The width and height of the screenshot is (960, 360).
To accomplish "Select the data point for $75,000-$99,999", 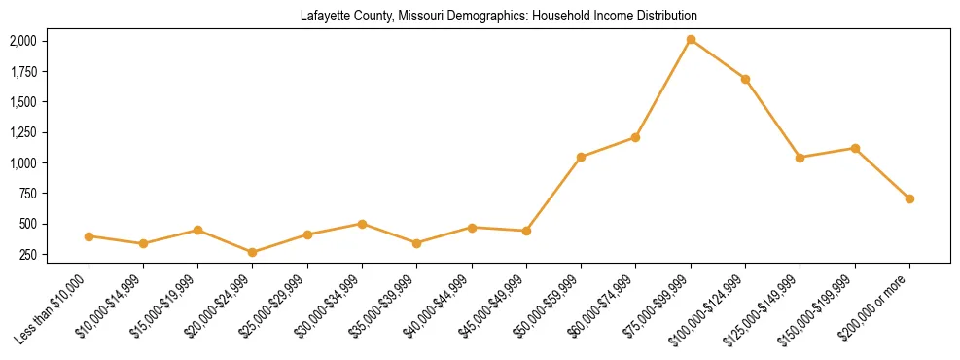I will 691,40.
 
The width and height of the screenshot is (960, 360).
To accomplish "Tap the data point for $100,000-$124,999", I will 745,79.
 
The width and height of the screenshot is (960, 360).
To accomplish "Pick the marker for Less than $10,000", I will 89,236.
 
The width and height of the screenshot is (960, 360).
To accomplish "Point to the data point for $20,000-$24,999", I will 253,252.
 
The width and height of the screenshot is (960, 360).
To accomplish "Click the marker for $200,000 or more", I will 909,198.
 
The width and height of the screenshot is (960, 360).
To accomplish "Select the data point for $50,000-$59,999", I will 581,157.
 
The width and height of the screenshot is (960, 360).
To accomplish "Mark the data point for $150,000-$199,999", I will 855,148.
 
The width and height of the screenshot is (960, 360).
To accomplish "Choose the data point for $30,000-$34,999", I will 362,224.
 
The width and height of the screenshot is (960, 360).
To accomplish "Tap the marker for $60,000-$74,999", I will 635,137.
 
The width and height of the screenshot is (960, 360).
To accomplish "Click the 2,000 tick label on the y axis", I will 22,41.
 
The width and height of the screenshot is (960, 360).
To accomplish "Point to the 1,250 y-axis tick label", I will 22,132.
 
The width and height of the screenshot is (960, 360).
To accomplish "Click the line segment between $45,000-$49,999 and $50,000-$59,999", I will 553,194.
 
